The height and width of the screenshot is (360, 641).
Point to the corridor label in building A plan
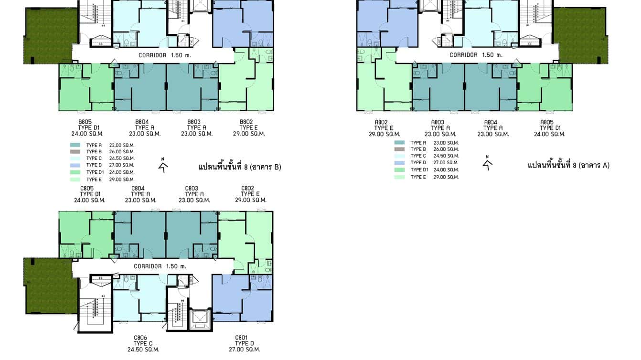click(476, 55)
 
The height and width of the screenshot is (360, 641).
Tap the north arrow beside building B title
click(163, 166)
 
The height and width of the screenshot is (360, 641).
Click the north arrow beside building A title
click(487, 164)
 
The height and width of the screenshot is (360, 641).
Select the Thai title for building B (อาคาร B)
click(239, 167)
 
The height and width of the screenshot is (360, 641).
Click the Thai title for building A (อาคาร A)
click(568, 166)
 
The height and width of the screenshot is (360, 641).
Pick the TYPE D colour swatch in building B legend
click(76, 165)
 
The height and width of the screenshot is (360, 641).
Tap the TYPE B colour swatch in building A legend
click(400, 149)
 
